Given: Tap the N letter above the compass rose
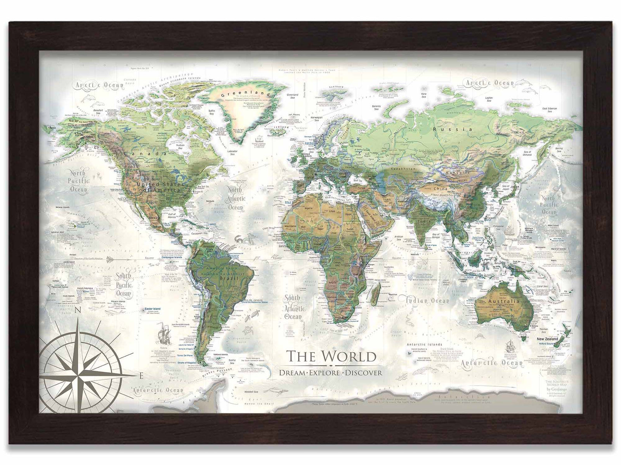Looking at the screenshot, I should point(78,310).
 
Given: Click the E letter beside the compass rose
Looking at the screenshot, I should point(142,375).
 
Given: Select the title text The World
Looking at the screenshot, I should point(331,356).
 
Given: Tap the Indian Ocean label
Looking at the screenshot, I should point(428,301).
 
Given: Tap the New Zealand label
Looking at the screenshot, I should point(547,339).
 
